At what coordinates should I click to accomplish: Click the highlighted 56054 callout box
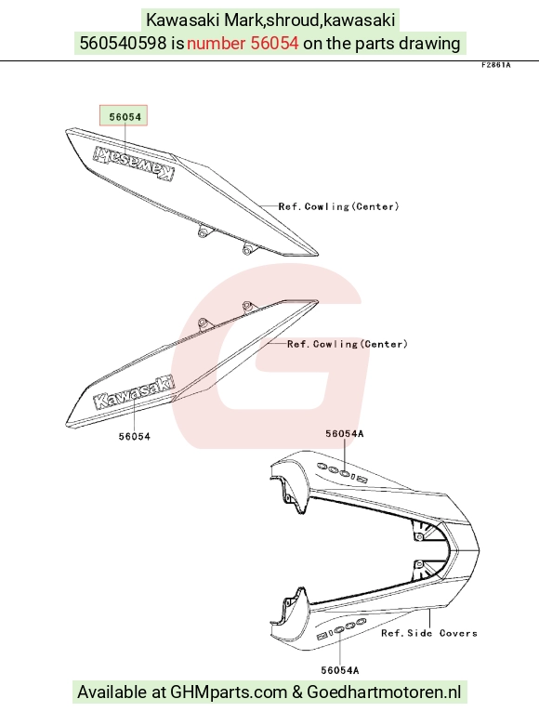(x=124, y=116)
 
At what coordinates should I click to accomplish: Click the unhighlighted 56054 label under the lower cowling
(x=135, y=436)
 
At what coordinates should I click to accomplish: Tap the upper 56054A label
(x=345, y=434)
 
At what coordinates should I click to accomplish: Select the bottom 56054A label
(x=340, y=670)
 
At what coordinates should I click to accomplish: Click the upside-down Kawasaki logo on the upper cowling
(x=133, y=164)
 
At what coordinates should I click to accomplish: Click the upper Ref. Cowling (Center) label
(x=339, y=206)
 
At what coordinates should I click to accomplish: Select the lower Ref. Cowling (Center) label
(x=348, y=344)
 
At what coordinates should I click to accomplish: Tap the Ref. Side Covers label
(x=429, y=633)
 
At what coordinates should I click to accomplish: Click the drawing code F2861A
(x=496, y=65)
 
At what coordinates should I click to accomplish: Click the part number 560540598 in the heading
(x=123, y=43)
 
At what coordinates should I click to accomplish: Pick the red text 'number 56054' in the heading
(x=243, y=43)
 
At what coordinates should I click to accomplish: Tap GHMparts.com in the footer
(x=229, y=692)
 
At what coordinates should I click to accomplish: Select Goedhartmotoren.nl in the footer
(x=384, y=692)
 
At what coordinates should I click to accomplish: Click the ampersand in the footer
(x=297, y=692)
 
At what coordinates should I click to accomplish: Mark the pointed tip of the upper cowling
(x=318, y=255)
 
